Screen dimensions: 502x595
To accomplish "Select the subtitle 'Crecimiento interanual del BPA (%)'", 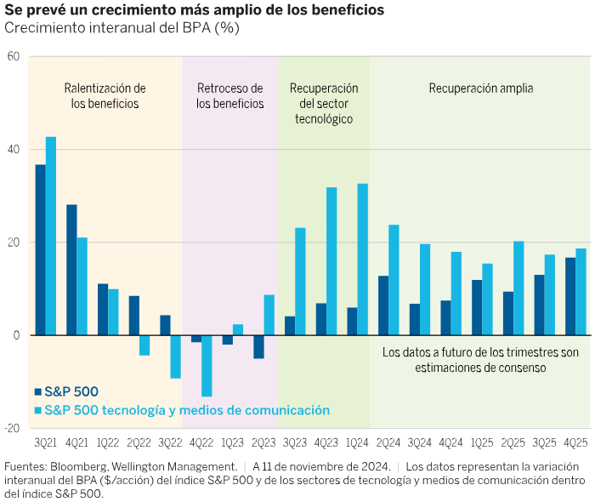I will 122,27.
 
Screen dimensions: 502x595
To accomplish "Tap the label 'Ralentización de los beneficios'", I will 105,95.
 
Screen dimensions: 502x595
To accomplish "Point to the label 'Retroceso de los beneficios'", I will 229,95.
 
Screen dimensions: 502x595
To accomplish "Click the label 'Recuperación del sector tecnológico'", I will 324,103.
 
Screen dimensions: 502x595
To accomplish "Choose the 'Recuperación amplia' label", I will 480,88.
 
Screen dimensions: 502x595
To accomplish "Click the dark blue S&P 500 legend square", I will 38,392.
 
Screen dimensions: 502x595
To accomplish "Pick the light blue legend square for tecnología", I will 38,410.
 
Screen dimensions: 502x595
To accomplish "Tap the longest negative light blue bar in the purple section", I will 207,366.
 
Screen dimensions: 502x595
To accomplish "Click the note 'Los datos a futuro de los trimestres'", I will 480,351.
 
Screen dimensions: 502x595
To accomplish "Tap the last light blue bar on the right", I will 581,291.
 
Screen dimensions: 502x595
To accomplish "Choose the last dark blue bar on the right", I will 570,296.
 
